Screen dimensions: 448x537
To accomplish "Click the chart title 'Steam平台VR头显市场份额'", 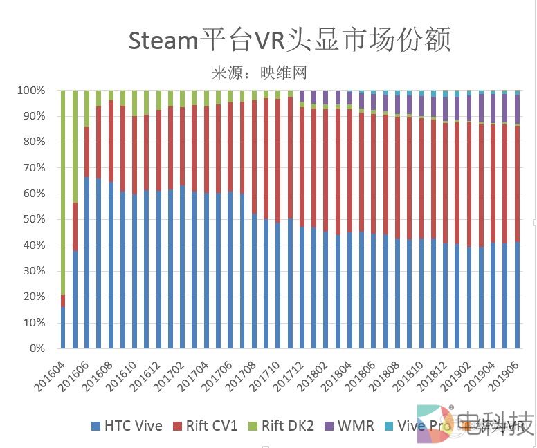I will [x=289, y=40].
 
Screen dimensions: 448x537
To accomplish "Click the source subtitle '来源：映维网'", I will [x=259, y=72].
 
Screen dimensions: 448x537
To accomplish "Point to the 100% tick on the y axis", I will [x=31, y=91].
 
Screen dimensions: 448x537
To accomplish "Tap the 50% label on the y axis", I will [x=33, y=219].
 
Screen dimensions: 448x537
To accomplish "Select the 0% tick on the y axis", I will [x=36, y=348].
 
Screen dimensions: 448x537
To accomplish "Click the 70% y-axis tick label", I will [x=33, y=168].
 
